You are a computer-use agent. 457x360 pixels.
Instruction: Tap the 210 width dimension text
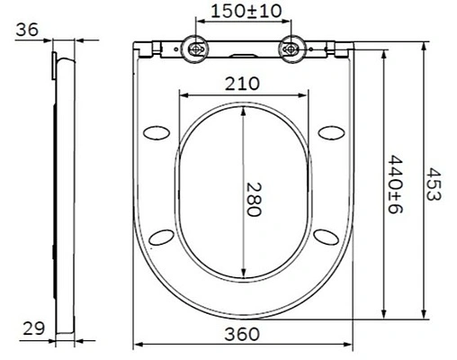[243, 83]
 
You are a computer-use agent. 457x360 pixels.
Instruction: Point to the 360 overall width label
[243, 334]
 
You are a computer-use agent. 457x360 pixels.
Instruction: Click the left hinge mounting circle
[194, 49]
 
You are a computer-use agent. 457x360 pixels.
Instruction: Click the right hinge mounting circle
[291, 49]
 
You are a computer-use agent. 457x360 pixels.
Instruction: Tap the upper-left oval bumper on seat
[157, 131]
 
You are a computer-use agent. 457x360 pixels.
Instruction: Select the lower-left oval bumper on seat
[162, 236]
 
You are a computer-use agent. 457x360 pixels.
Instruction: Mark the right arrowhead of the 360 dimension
[349, 346]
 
